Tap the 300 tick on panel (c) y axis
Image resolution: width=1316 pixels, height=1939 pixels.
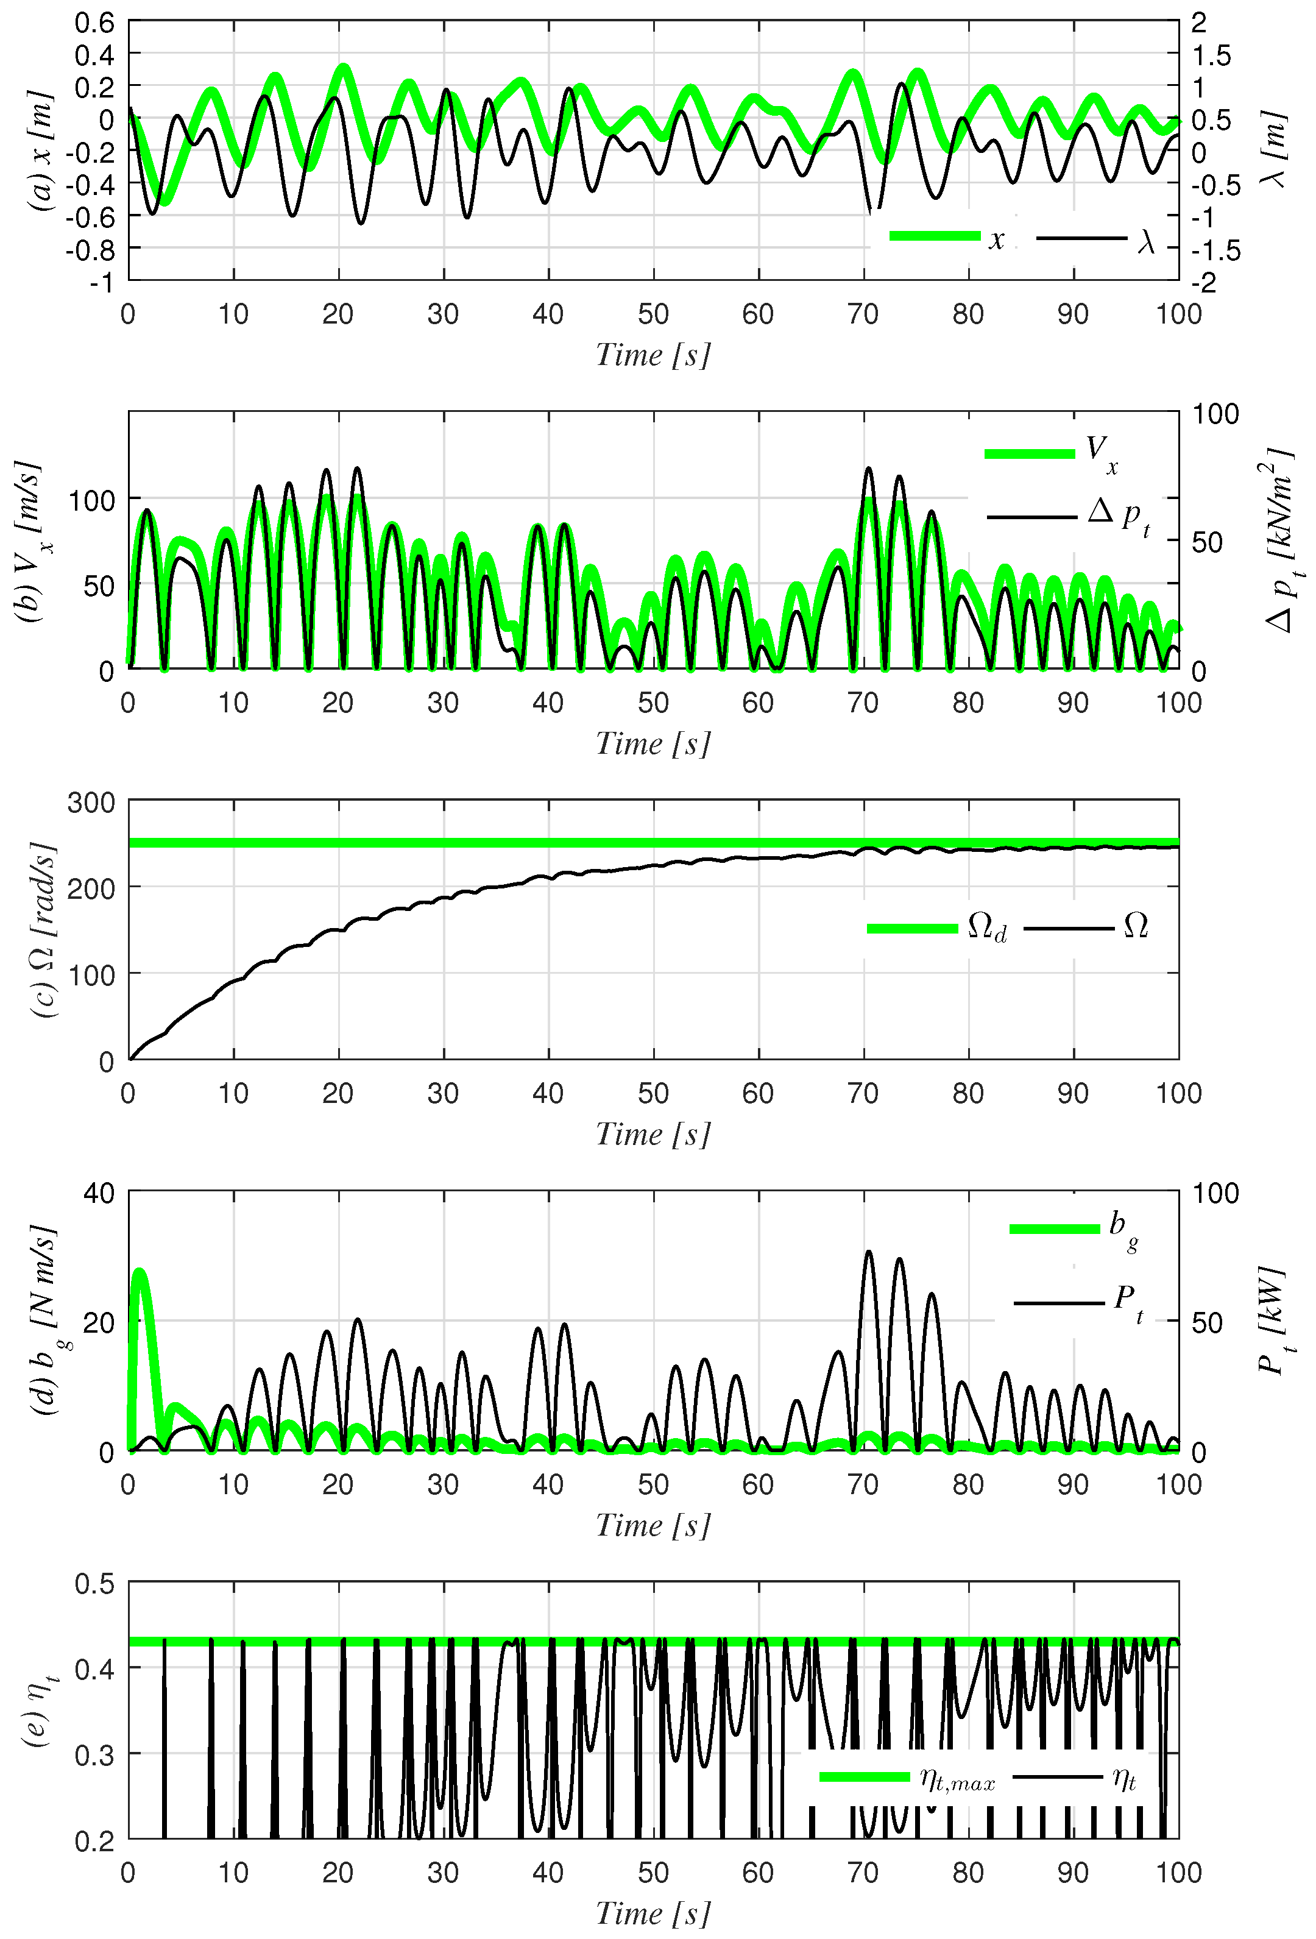(x=92, y=803)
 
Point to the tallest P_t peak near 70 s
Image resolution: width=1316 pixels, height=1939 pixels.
(x=868, y=1252)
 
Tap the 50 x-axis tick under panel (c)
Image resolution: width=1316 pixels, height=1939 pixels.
(x=653, y=1093)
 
